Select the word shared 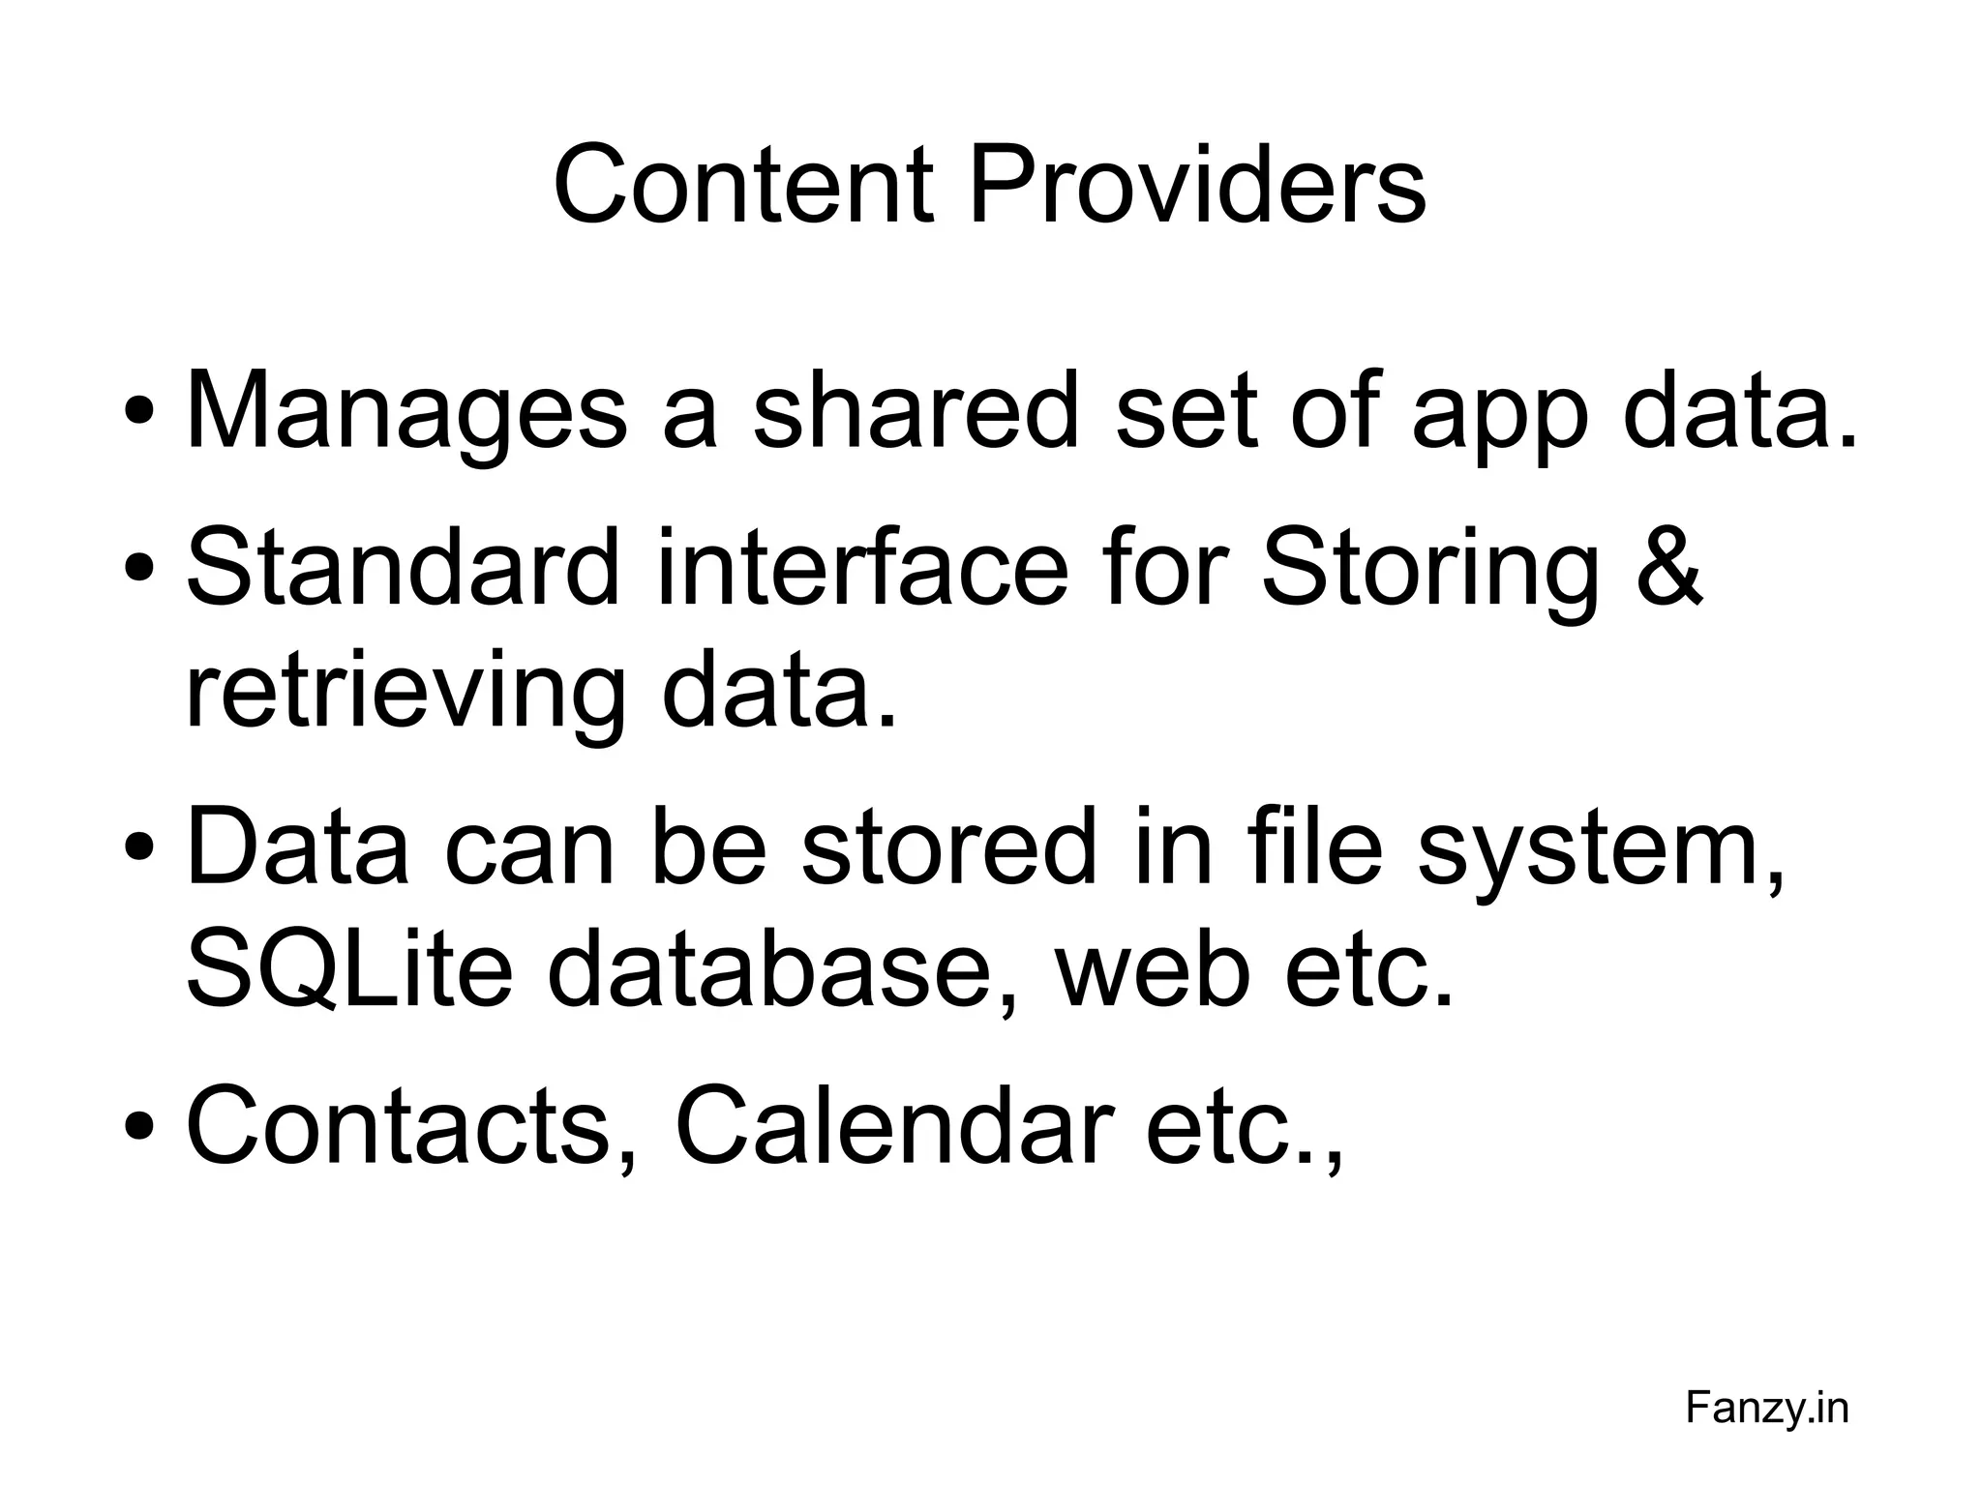click(915, 411)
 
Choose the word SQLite click(348, 972)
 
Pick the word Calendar click(890, 1127)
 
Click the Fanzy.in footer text click(1767, 1408)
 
